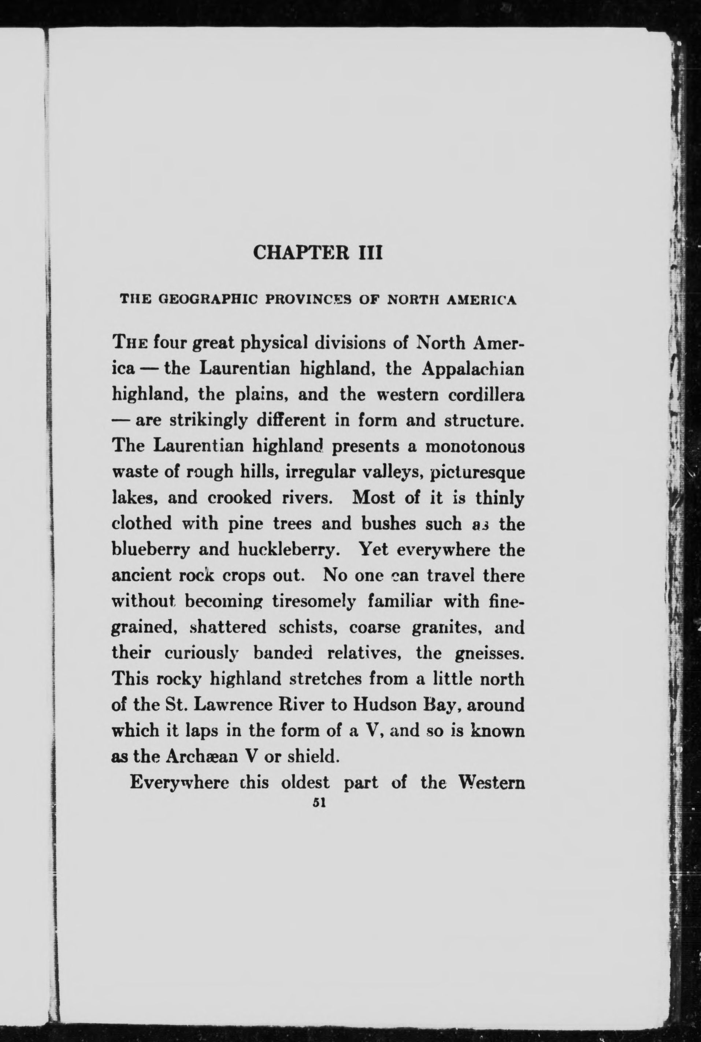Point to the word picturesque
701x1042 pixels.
(476, 473)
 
